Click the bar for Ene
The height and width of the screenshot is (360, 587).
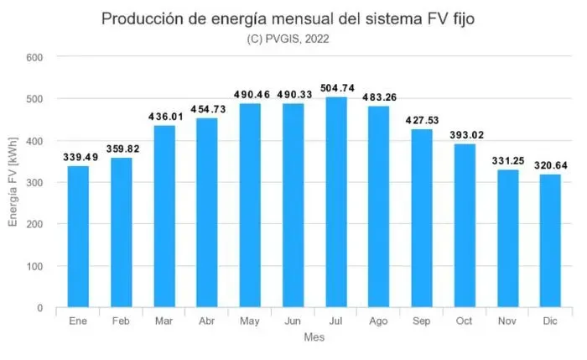pos(77,237)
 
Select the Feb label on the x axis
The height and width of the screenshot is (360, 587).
pos(120,321)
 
